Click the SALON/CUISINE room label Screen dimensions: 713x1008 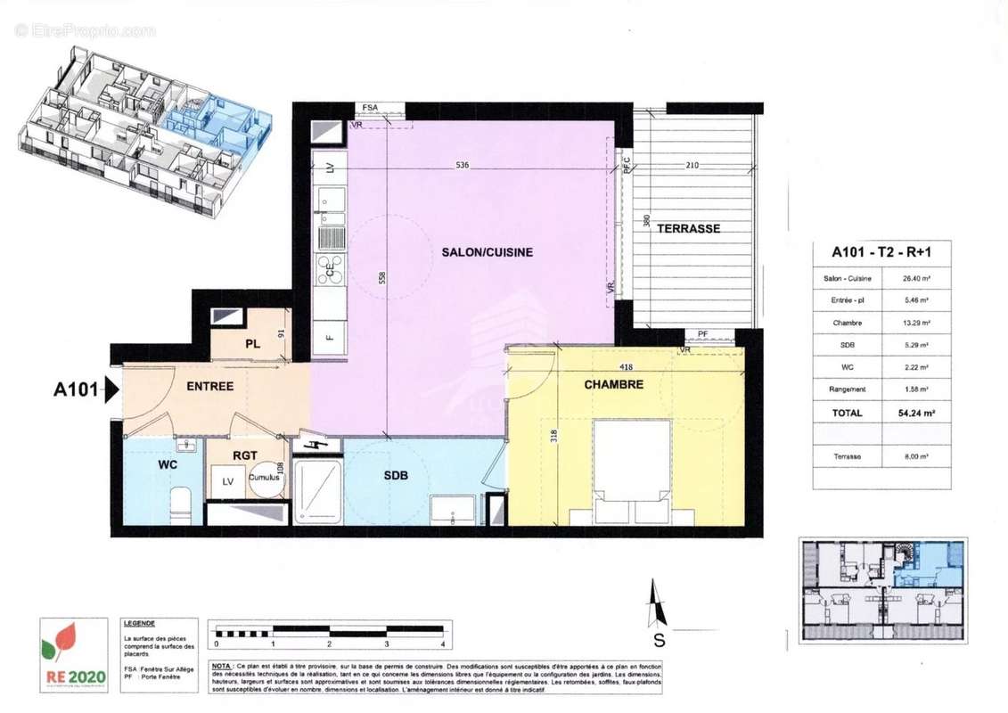point(487,252)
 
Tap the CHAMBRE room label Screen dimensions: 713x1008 point(613,385)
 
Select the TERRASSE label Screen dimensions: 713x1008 point(688,228)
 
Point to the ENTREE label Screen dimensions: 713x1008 point(209,386)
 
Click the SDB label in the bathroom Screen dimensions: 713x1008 point(396,476)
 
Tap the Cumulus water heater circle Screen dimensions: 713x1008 point(264,478)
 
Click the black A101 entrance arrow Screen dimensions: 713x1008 point(112,389)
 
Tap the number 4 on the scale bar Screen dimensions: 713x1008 point(442,643)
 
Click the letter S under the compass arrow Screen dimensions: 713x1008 point(659,639)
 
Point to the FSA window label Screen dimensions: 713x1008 point(369,108)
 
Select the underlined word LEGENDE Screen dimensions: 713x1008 point(139,624)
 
